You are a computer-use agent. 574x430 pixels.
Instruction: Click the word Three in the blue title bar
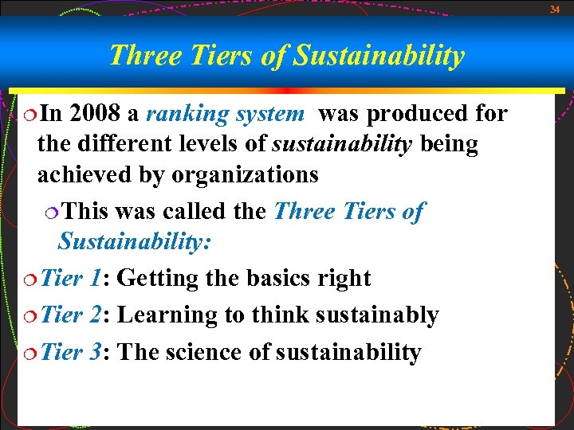tap(138, 56)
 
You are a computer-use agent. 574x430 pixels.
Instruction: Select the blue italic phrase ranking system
tap(225, 114)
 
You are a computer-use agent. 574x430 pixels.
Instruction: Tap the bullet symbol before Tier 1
tap(29, 279)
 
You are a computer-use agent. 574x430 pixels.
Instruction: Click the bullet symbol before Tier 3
tap(29, 353)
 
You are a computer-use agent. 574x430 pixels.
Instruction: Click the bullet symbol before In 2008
tap(29, 115)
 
